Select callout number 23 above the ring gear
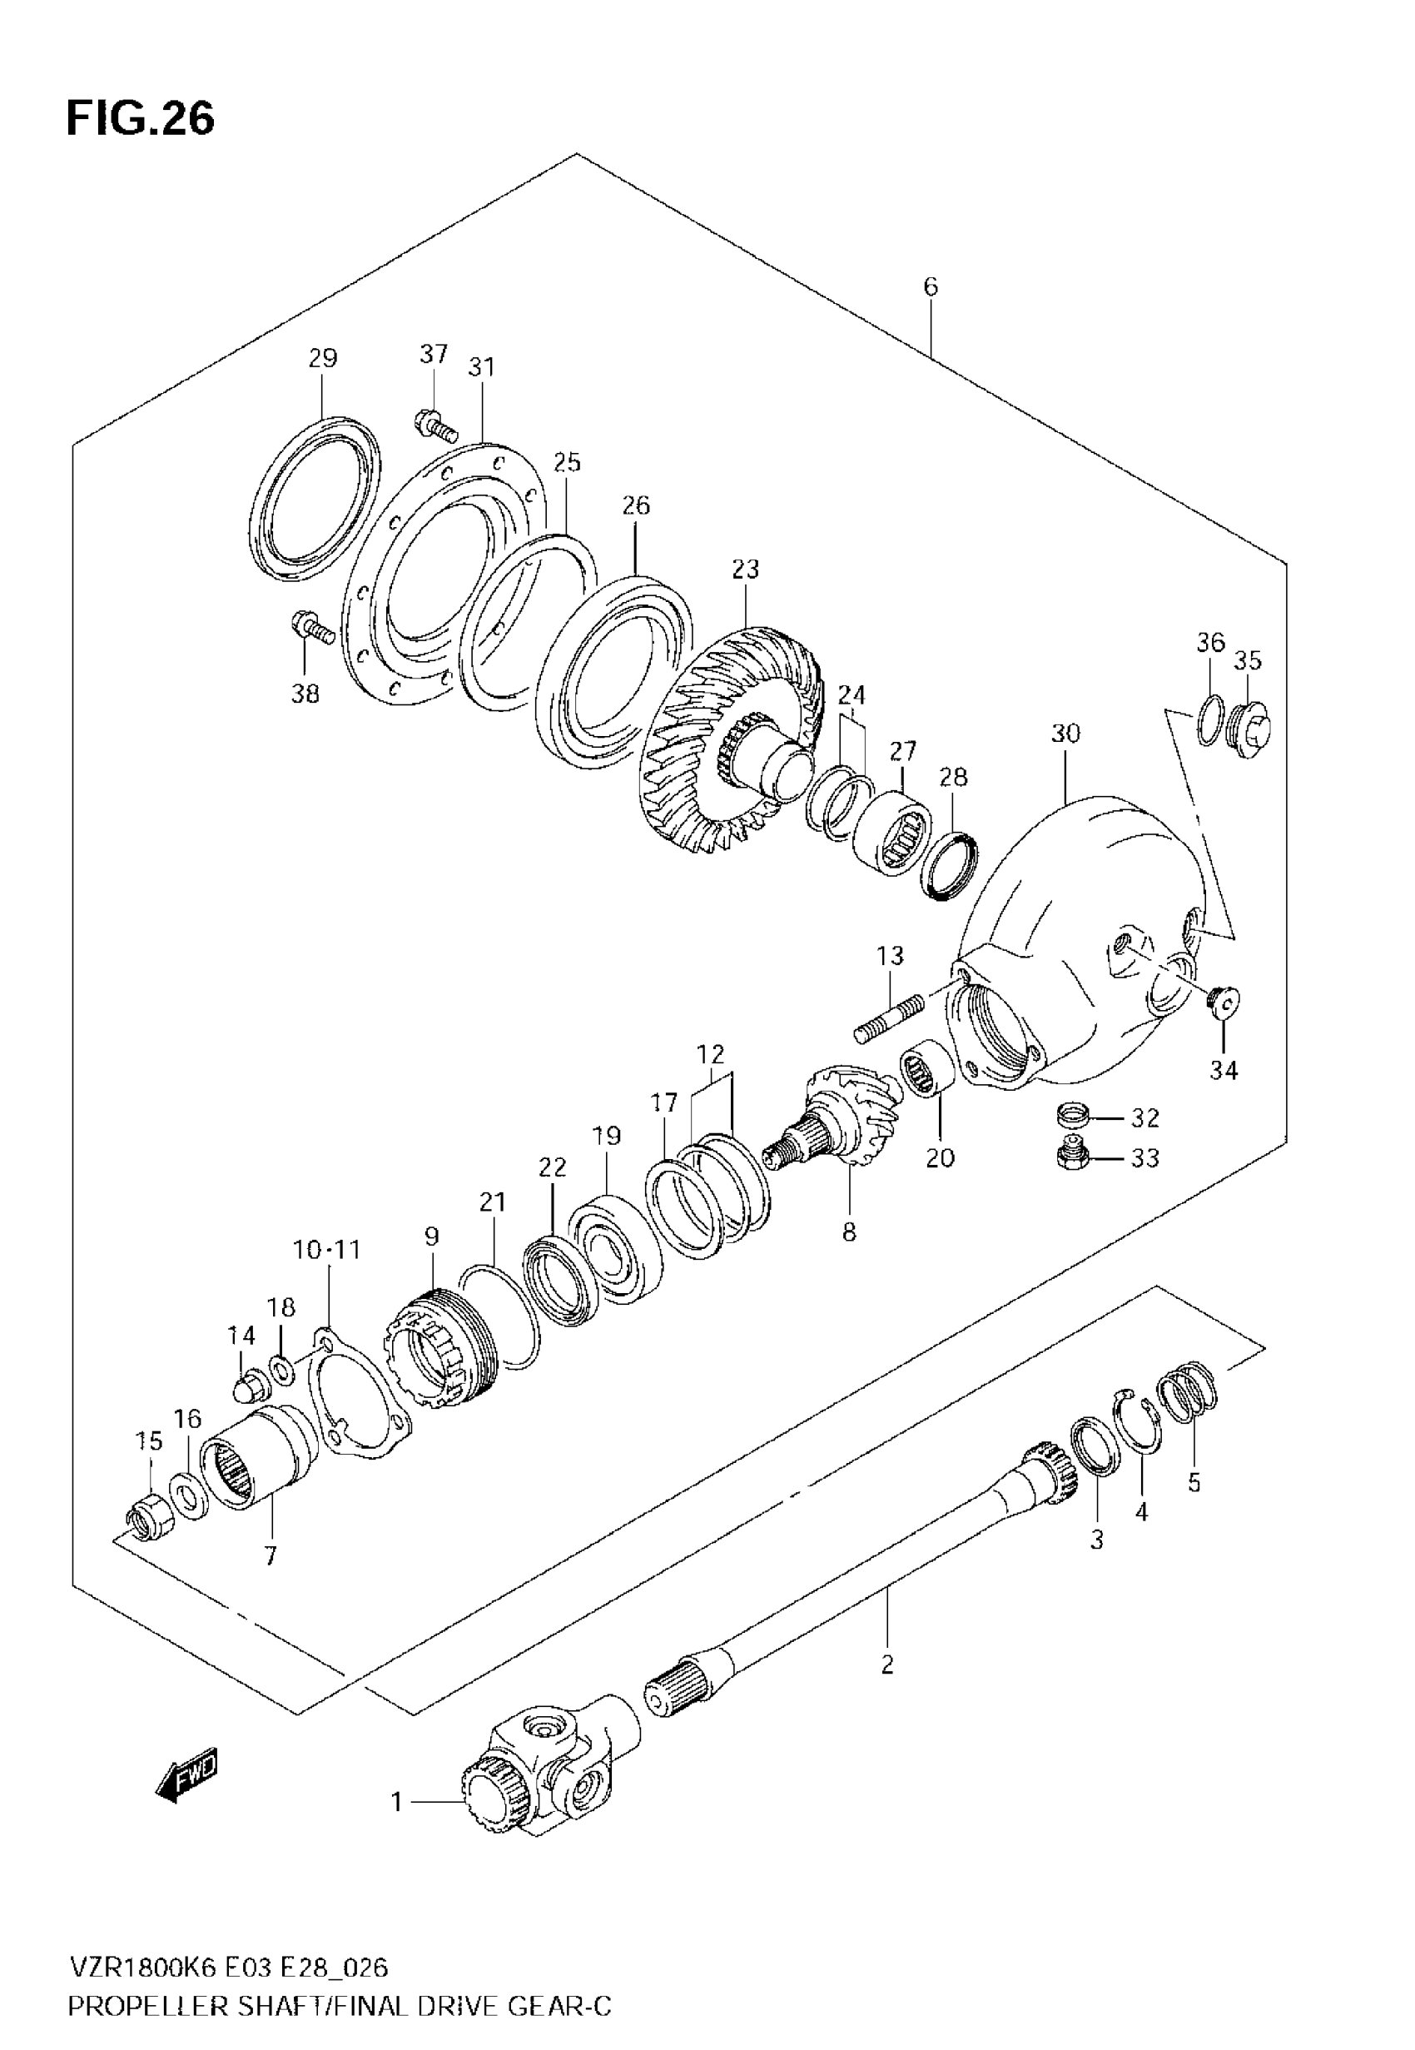click(x=746, y=570)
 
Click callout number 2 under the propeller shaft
click(x=887, y=1664)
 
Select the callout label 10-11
click(x=327, y=1250)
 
